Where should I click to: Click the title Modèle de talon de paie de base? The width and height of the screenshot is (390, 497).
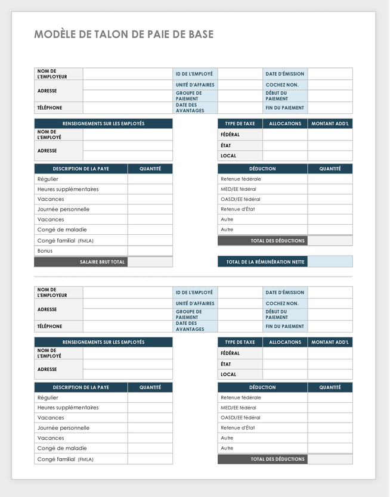tap(123, 35)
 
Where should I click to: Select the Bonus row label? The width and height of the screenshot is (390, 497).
tap(45, 251)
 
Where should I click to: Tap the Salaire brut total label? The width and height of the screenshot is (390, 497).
tap(103, 262)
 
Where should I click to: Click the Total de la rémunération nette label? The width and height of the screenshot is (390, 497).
tap(265, 262)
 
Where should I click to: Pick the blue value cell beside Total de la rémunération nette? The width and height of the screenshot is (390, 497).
tap(330, 262)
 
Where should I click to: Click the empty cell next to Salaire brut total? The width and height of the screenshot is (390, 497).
tap(150, 262)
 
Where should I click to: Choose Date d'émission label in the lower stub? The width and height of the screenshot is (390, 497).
tap(285, 293)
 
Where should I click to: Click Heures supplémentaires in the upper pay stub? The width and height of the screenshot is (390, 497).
tap(68, 190)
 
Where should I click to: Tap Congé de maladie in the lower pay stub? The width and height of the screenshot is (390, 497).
tap(62, 448)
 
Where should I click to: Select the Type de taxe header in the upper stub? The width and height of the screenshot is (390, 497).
tap(240, 123)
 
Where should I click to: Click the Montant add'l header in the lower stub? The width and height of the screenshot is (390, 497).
tap(330, 342)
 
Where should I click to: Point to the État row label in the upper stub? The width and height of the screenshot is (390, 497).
tap(226, 145)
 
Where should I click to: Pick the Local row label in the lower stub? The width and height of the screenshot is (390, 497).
tap(228, 374)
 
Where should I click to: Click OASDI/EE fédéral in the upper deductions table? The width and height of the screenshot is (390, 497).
tap(240, 199)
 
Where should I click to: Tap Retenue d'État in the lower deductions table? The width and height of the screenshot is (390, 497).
tap(237, 428)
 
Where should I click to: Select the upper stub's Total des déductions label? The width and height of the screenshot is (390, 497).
tap(278, 241)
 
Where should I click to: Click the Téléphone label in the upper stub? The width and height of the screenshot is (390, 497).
tap(49, 108)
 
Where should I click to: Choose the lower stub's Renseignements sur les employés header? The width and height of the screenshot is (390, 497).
tap(103, 342)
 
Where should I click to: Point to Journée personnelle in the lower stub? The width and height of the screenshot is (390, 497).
tap(63, 428)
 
